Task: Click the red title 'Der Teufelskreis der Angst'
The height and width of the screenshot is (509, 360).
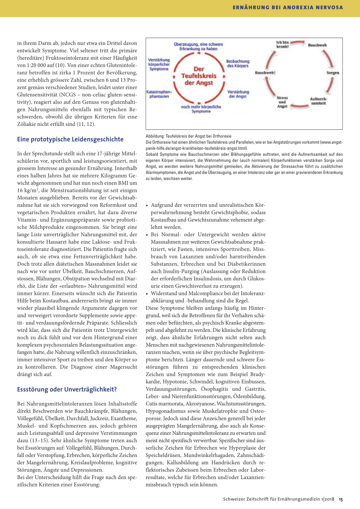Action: point(199,76)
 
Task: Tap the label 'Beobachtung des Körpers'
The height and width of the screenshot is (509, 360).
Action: point(238,64)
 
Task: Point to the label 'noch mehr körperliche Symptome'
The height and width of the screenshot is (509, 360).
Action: point(201,109)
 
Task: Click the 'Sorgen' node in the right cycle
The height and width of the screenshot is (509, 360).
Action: point(333,73)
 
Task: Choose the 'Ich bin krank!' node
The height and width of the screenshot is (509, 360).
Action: point(282,44)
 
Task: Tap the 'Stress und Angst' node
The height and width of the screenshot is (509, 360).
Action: point(282,102)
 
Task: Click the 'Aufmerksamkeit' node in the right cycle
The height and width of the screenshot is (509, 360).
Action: point(319,101)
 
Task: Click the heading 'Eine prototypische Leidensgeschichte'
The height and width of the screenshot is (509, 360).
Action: point(70,139)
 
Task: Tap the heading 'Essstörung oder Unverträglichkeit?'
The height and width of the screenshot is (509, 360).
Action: point(67,389)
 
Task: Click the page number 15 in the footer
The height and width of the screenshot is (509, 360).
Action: point(341,499)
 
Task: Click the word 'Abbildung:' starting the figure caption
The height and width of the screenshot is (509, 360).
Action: point(155,136)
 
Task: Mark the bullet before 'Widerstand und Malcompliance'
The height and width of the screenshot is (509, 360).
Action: point(147,294)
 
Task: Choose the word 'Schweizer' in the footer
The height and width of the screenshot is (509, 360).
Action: point(235,499)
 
